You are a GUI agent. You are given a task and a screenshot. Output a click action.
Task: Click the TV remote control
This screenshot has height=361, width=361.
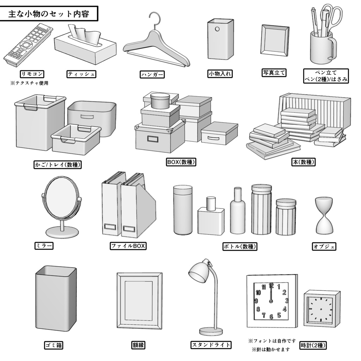coord(27,45)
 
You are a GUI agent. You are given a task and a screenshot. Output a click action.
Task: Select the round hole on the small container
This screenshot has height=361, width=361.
coord(217,29)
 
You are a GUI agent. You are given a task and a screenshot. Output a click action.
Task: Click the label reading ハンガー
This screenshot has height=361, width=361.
coord(152,74)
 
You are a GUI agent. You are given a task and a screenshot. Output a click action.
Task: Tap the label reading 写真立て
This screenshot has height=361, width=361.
coord(274,73)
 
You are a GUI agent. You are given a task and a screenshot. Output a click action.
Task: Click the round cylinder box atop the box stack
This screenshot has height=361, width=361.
coord(160,101)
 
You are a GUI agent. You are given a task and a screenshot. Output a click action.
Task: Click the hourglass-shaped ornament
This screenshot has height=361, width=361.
coord(324,215)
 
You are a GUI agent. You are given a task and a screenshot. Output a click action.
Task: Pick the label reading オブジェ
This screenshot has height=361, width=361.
coord(324,246)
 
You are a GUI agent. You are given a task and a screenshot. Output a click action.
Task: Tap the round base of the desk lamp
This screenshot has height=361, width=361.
coord(211,331)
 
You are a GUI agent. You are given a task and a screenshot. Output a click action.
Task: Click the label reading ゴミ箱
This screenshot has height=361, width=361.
coord(54,345)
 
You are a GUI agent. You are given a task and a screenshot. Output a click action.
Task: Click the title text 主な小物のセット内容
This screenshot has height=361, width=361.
coord(48,14)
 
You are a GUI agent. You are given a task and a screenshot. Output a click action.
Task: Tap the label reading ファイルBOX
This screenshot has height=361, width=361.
coord(128,246)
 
